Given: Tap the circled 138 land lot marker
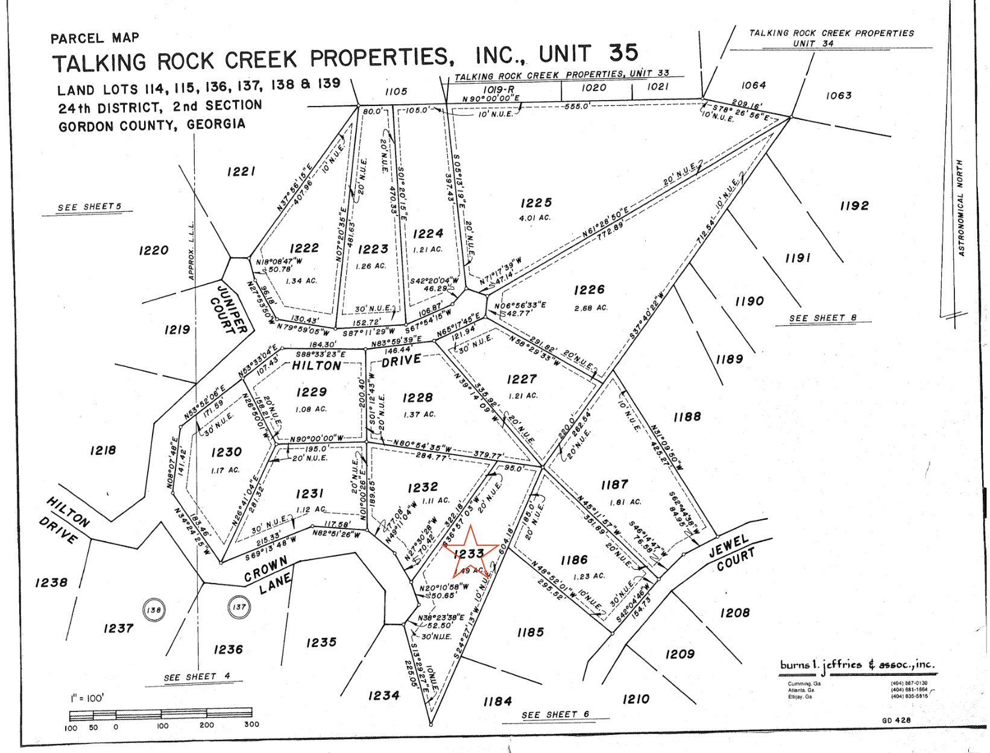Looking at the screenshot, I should point(154,610).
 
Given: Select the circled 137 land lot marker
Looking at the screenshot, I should point(239,607).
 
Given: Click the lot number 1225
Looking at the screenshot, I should point(536,203).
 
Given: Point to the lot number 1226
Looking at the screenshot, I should point(589,290).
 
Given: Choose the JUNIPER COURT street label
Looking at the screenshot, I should point(229,308).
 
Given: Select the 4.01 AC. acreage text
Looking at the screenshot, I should point(535,218).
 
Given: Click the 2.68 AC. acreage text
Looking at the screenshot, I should point(591,308).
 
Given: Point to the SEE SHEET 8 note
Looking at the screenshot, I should point(822,318).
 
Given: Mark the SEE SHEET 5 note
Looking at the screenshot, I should point(89,207).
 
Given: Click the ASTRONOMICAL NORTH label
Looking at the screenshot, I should point(960,208).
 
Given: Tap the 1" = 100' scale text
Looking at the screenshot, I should point(87,698).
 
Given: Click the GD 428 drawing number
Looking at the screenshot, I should point(896,720).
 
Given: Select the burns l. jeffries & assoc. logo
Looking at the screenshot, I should point(857,666).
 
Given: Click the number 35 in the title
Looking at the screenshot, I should point(623,53).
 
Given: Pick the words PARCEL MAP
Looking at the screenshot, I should point(95,39).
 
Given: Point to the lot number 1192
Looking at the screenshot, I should point(854,206).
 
